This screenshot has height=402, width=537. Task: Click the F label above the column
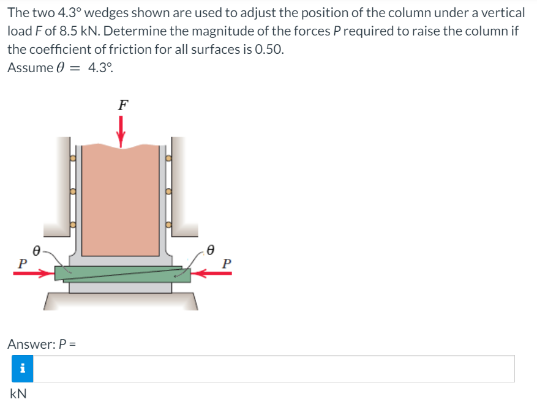[x=123, y=105]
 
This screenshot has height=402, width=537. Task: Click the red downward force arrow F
[x=121, y=132]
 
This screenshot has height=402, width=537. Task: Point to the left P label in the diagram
[x=22, y=264]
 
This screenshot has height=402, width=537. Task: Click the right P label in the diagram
[x=227, y=264]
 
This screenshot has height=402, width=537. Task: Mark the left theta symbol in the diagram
[x=37, y=251]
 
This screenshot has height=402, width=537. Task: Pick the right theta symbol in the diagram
[x=211, y=250]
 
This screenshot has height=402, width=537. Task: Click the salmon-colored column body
[x=121, y=200]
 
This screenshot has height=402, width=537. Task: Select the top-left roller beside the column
[x=73, y=158]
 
